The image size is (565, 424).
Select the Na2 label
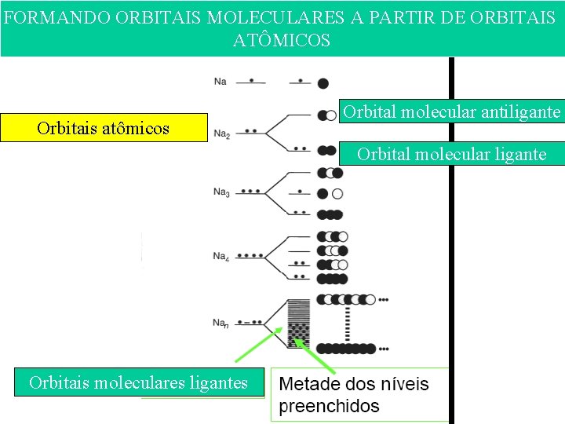221,134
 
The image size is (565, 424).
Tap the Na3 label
221,192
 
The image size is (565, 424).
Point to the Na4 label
221,256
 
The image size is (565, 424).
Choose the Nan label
221,323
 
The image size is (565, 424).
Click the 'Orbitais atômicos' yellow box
104,128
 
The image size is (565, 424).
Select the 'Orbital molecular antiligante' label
451,111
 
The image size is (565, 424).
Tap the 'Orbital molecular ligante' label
451,154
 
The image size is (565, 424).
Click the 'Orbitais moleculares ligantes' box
138,382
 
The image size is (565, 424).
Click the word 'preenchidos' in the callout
329,407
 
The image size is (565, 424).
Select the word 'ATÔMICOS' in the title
282,40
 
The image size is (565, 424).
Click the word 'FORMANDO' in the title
56,17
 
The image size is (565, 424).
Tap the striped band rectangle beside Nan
300,323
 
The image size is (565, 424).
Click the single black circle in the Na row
323,82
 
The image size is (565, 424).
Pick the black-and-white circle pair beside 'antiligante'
326,115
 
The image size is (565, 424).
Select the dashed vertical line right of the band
346,323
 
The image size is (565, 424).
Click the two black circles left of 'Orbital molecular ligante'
326,150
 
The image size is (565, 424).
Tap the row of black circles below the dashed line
346,348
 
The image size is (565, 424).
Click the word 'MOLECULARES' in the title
275,17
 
